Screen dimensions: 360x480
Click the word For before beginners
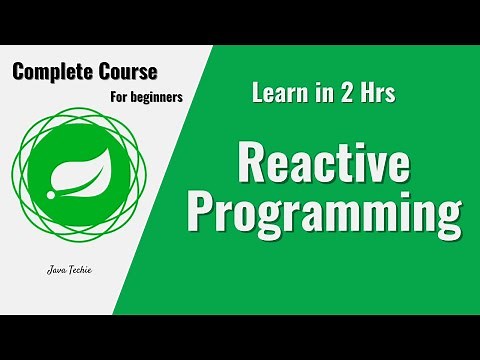[117, 98]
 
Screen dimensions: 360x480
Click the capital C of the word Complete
[20, 72]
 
